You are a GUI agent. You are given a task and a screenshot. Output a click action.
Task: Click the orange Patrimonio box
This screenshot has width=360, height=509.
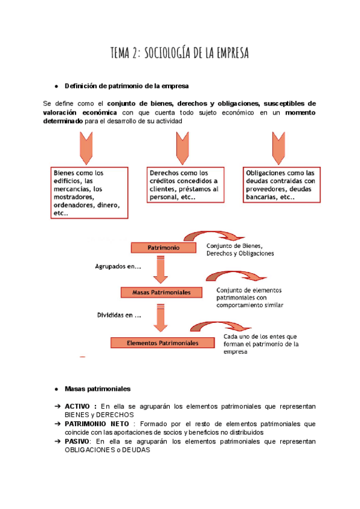(163, 247)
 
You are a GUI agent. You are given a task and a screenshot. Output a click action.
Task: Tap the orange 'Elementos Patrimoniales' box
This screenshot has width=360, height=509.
(154, 343)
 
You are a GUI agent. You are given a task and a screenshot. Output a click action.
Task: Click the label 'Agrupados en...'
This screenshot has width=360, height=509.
(118, 266)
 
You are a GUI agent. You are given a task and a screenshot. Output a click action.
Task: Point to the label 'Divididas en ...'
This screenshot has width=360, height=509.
(119, 315)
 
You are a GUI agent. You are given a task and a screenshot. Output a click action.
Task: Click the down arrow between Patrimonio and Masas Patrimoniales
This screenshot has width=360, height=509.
(161, 270)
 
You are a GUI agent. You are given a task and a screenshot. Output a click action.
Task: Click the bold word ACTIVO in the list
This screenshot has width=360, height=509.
(81, 406)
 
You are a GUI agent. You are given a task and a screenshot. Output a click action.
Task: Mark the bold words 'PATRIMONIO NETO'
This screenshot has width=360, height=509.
(95, 424)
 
